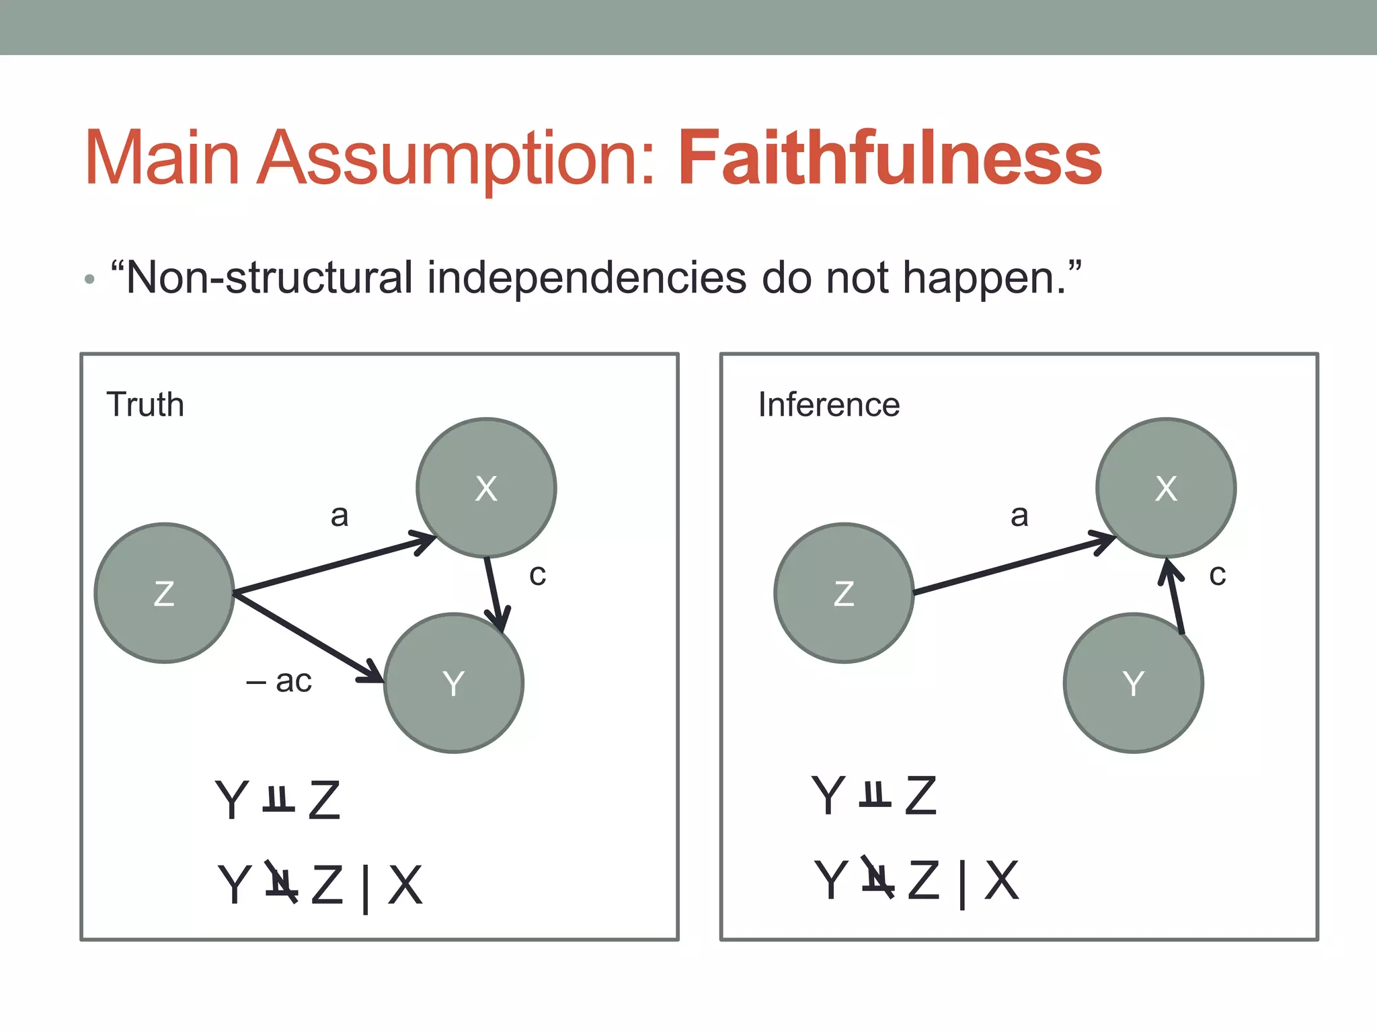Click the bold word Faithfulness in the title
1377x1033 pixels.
coord(890,159)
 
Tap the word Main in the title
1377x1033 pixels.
coord(162,159)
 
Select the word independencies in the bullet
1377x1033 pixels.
coord(586,278)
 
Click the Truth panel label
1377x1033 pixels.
coord(145,405)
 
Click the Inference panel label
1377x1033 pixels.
coord(828,405)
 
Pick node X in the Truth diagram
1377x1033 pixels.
coord(486,488)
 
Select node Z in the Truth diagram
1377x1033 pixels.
coord(164,593)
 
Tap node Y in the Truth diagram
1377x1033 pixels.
coord(454,683)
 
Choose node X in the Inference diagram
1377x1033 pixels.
coord(1166,488)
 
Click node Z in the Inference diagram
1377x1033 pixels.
coord(844,593)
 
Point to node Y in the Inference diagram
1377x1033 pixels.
coord(1134,683)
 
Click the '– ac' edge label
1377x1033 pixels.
coord(280,681)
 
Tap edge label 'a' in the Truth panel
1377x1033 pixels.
coord(340,516)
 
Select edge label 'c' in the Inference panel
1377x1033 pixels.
coord(1217,574)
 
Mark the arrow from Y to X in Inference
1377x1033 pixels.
coord(1175,596)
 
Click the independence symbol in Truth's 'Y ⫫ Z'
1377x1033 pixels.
coord(278,799)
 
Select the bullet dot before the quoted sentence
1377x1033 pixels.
coord(90,279)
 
